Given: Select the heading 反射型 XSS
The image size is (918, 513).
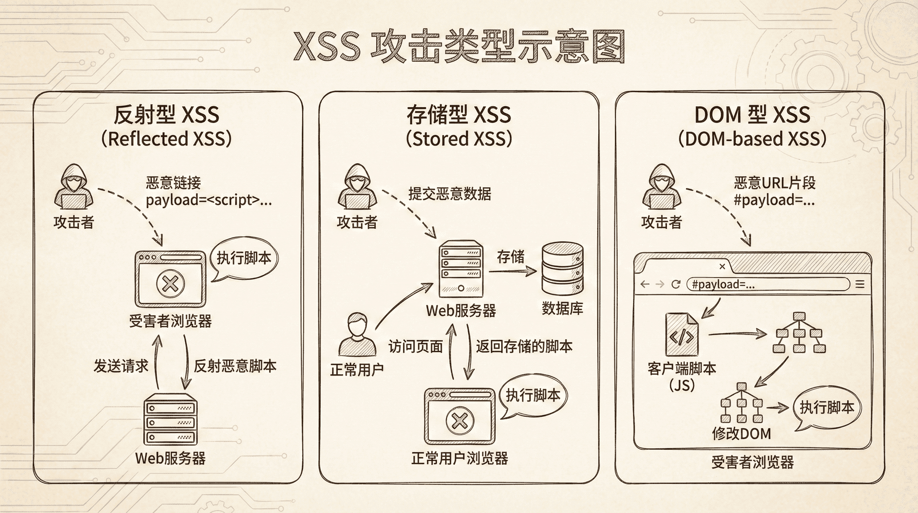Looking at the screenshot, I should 166,115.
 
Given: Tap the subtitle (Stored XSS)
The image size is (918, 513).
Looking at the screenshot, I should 459,139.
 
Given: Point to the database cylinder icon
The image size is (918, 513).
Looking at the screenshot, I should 562,269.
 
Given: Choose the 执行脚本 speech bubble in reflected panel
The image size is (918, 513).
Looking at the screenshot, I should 244,258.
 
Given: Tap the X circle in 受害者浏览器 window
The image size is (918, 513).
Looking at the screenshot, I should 171,283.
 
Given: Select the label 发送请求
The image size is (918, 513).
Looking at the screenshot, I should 121,366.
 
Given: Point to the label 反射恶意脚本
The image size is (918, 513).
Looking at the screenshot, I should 235,366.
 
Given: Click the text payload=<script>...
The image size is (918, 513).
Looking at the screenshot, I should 208,200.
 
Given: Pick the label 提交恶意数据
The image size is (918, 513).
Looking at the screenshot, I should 449,194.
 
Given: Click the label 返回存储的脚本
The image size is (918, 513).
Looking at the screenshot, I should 524,346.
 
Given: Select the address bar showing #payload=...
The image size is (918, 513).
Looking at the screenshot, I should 768,284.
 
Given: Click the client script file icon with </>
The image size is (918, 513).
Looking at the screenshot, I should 682,335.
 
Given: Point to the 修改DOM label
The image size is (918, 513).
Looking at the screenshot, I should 741,434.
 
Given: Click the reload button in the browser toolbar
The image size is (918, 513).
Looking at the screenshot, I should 676,284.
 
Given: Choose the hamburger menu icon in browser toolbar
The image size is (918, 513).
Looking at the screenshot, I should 860,284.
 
